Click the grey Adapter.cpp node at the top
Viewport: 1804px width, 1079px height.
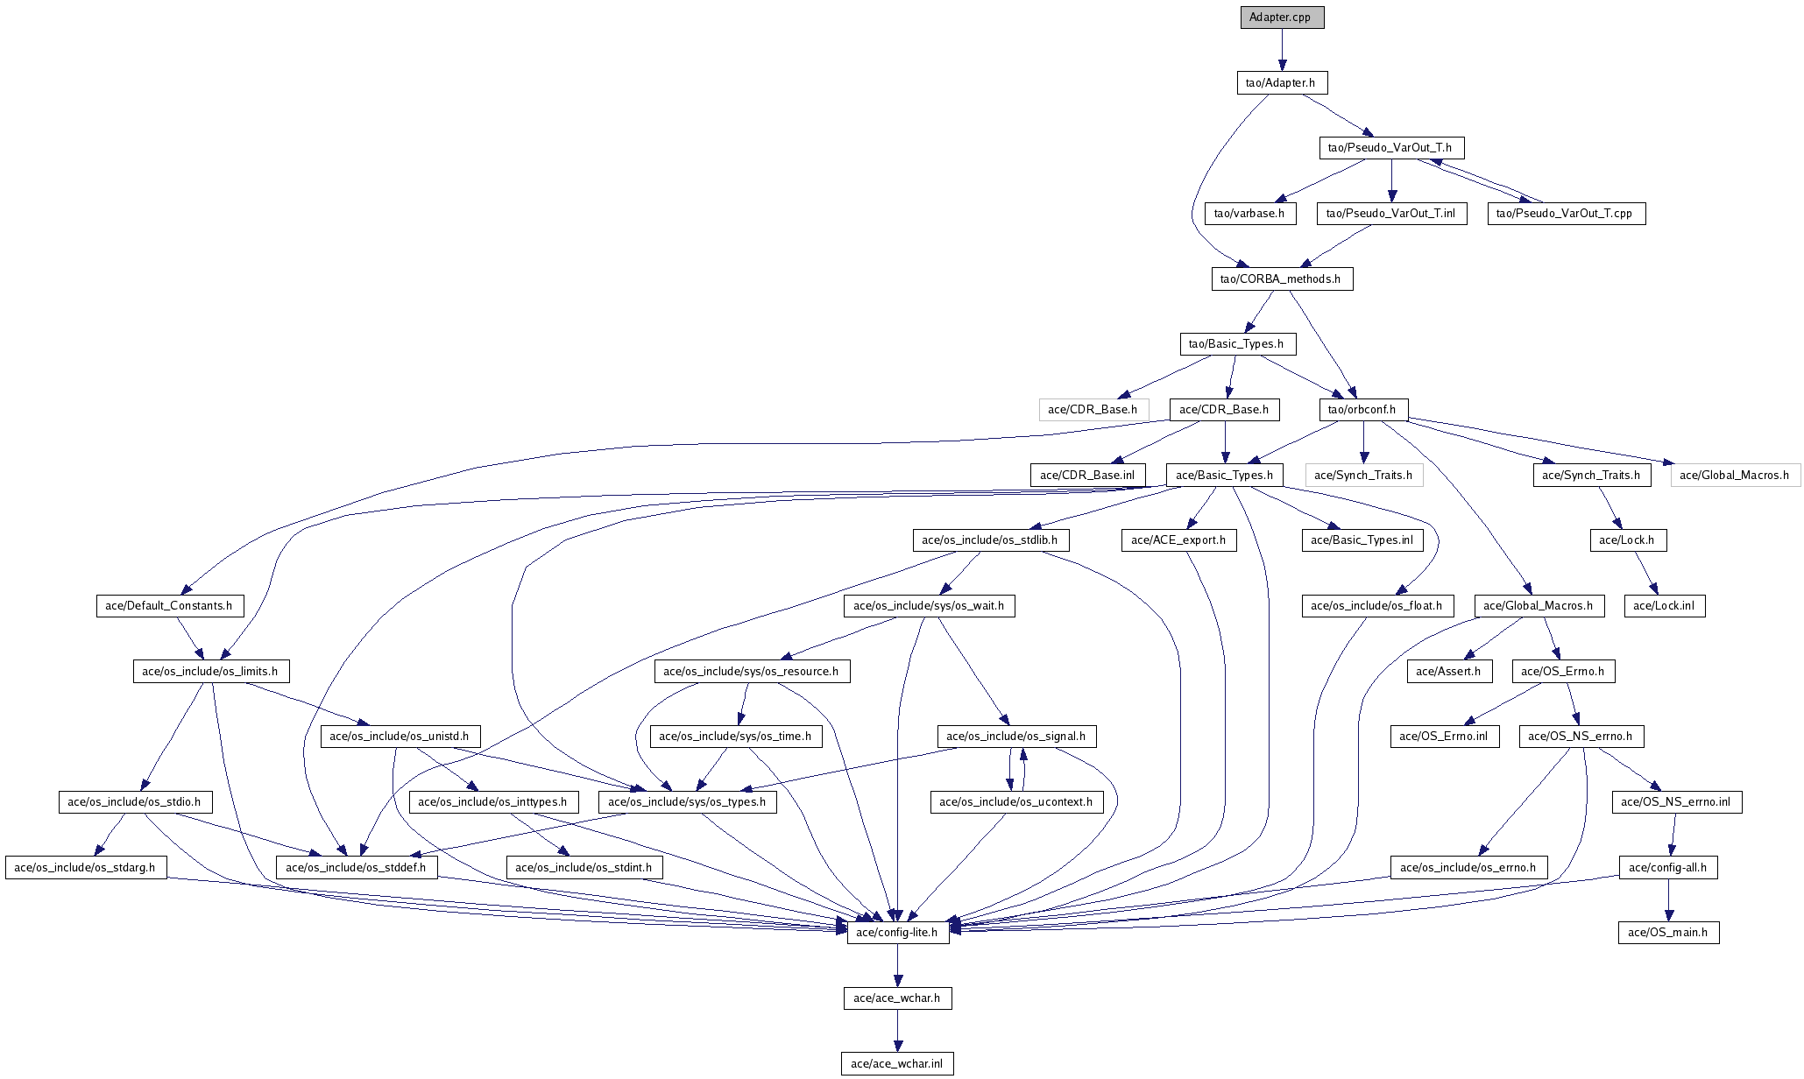pyautogui.click(x=1282, y=18)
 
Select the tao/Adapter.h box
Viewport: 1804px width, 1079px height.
pyautogui.click(x=1281, y=83)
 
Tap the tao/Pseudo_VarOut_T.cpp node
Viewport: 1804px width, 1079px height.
pyautogui.click(x=1566, y=214)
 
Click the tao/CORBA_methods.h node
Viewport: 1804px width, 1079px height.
pyautogui.click(x=1282, y=279)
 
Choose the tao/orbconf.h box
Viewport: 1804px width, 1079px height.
pyautogui.click(x=1363, y=410)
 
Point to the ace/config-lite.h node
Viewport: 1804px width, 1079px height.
pyautogui.click(x=898, y=933)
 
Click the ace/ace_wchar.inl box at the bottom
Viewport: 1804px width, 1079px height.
pyautogui.click(x=897, y=1064)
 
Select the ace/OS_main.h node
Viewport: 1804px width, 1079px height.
pyautogui.click(x=1668, y=933)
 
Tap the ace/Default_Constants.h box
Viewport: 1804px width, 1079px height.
pyautogui.click(x=169, y=606)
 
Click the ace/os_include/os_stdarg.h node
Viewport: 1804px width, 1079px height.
pyautogui.click(x=86, y=868)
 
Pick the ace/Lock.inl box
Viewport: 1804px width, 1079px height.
pyautogui.click(x=1665, y=606)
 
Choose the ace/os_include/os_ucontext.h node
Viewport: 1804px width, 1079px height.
pyautogui.click(x=1016, y=802)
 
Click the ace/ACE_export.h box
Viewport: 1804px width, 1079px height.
pyautogui.click(x=1179, y=540)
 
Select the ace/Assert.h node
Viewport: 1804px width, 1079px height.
pyautogui.click(x=1449, y=672)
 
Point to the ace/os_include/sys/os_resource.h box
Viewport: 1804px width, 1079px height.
pyautogui.click(x=752, y=672)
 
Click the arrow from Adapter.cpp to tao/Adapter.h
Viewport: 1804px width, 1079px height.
pyautogui.click(x=1282, y=50)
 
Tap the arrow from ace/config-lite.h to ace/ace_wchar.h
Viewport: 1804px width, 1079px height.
pyautogui.click(x=897, y=965)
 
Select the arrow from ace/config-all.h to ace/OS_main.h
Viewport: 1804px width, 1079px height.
pyautogui.click(x=1668, y=900)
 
